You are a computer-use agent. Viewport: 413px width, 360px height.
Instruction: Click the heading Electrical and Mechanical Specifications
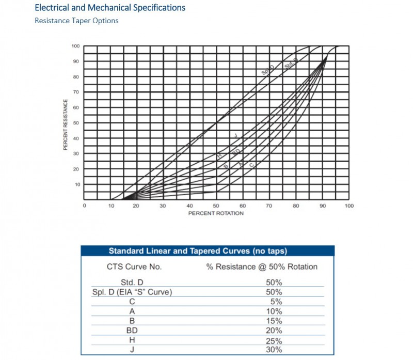(x=110, y=8)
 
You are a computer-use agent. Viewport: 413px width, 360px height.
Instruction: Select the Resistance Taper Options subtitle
(x=76, y=21)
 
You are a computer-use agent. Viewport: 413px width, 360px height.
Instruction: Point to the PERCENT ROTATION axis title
(x=216, y=213)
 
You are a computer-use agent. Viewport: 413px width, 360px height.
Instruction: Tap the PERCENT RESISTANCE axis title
(x=66, y=124)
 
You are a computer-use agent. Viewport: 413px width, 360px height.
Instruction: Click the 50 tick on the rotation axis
(x=216, y=206)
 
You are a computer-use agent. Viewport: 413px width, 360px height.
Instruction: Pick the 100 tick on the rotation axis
(x=349, y=206)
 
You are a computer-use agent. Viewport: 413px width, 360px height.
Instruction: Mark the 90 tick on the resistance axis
(x=76, y=61)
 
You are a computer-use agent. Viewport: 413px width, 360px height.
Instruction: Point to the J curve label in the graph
(x=235, y=136)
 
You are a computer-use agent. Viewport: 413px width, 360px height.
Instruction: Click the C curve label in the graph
(x=251, y=165)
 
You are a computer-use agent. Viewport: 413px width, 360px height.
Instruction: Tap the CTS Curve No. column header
(x=134, y=267)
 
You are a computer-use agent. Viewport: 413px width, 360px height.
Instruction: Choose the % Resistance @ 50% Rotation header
(x=262, y=267)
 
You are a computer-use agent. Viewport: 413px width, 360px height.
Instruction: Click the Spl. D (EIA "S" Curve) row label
(x=132, y=292)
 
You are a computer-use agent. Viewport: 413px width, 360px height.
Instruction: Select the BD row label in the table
(x=132, y=331)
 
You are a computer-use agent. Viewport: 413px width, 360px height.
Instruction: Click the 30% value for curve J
(x=274, y=350)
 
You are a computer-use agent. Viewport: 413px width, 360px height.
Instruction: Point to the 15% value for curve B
(x=274, y=321)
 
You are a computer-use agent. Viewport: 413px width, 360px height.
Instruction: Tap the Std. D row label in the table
(x=133, y=282)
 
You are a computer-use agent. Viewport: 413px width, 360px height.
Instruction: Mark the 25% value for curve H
(x=274, y=341)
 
